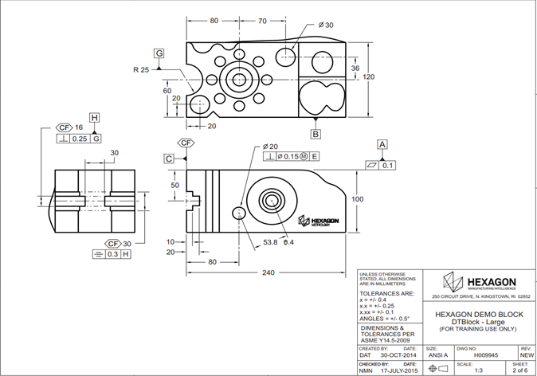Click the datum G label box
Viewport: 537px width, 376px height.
pos(160,53)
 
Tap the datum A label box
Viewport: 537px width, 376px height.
pos(382,143)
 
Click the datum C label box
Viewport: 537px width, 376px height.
pos(169,159)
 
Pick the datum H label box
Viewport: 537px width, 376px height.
pos(95,118)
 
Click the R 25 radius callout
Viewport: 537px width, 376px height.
pos(141,70)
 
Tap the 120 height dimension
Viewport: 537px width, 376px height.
pos(369,77)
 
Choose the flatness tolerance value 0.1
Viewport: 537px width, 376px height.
pos(388,166)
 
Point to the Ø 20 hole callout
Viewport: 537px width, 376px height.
pos(269,147)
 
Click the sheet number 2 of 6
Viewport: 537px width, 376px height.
pos(519,370)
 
